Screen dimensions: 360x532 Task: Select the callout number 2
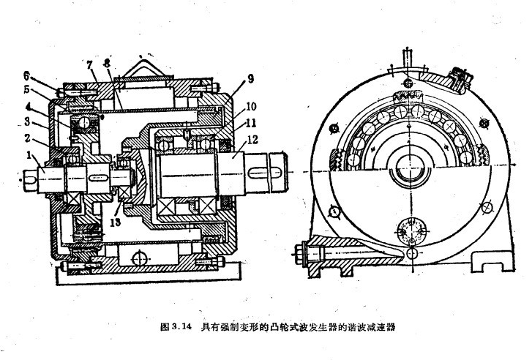point(28,137)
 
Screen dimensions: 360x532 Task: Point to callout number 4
point(27,106)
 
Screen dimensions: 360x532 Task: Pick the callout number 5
point(27,91)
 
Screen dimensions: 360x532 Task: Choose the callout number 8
point(108,64)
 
